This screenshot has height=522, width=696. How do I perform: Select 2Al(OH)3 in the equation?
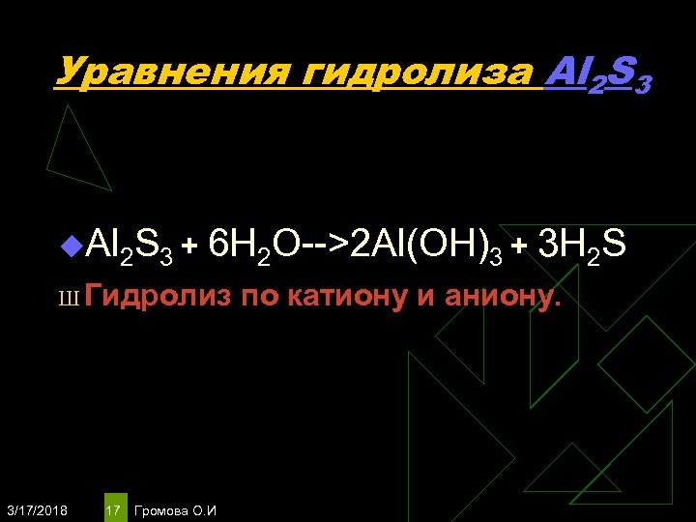[426, 248]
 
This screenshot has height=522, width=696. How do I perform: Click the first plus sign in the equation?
[191, 248]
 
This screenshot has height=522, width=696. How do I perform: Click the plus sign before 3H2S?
[517, 248]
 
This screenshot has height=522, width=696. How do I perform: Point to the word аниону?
[501, 297]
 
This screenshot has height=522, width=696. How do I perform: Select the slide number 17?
[113, 508]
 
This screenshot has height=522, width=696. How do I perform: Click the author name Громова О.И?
[176, 508]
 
